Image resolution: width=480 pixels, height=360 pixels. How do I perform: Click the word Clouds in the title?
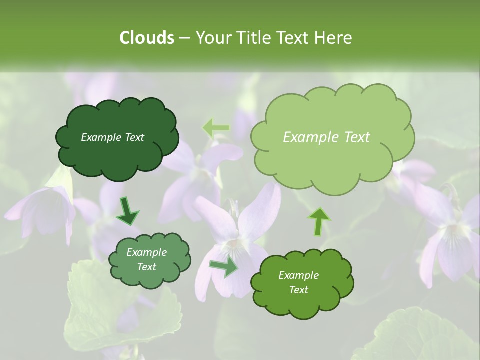(x=146, y=38)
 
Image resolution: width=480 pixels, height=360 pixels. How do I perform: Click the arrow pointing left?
(x=216, y=128)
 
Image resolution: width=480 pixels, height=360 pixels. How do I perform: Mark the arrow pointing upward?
(x=319, y=221)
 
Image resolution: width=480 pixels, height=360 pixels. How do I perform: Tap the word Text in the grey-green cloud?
(x=146, y=267)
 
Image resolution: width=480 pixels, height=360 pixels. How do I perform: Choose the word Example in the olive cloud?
(x=298, y=275)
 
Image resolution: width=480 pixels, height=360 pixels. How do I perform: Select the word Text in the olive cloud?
(x=298, y=290)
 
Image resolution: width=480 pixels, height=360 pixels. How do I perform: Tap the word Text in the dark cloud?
(x=134, y=137)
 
